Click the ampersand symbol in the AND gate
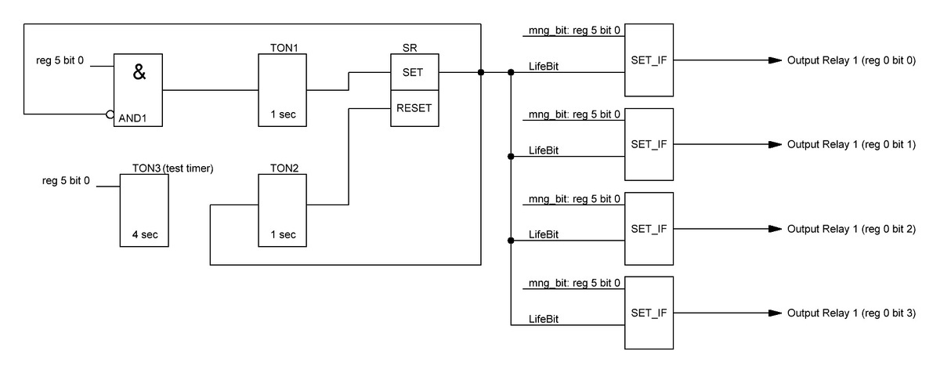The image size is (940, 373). tap(139, 74)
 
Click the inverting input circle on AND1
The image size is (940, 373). tap(110, 114)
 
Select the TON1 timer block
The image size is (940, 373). tap(283, 90)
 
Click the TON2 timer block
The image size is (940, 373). tap(283, 210)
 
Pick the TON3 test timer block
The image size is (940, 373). tap(143, 210)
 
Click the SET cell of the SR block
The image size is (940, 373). tap(414, 73)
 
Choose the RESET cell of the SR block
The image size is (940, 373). tap(414, 108)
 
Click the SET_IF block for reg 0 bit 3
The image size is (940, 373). tap(649, 313)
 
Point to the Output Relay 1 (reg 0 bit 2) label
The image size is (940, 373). tap(851, 229)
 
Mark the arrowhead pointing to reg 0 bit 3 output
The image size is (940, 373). tap(775, 313)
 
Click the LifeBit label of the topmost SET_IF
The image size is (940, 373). tap(544, 65)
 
